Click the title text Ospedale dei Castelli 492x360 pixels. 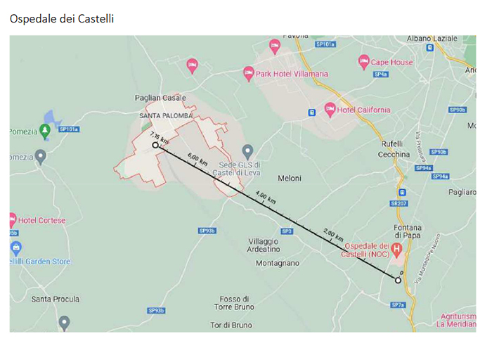(62, 19)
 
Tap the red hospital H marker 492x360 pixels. (397, 249)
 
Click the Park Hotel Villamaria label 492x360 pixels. (291, 74)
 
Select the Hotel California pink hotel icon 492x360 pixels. (330, 110)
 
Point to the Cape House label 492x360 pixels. (391, 63)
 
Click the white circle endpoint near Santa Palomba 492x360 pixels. (155, 146)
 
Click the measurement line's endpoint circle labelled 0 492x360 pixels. (398, 280)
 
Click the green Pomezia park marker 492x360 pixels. (45, 131)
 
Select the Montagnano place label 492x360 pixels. (278, 263)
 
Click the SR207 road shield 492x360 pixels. (399, 204)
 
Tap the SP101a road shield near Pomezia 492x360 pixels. (69, 129)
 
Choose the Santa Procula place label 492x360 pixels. (54, 300)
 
